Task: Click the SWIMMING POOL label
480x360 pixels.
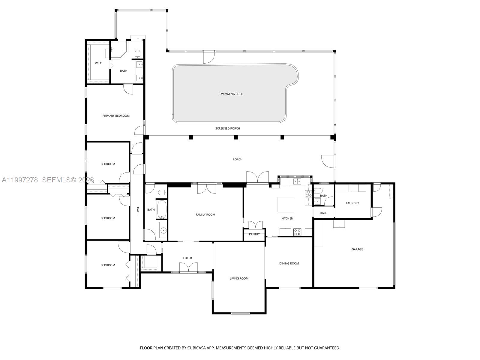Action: (x=231, y=94)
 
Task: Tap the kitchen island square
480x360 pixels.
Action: (x=286, y=205)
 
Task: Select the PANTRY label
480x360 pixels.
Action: (x=254, y=234)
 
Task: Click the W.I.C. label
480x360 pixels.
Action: (x=99, y=63)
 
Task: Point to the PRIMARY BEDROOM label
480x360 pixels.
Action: (x=116, y=116)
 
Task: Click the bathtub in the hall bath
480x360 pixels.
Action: (x=161, y=209)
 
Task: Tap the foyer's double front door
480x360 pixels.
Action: (x=188, y=267)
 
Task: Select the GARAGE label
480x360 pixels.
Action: (x=357, y=249)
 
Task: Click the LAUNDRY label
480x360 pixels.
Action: (x=352, y=203)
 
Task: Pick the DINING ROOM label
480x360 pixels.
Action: (x=289, y=263)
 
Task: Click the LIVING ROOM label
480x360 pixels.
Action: (x=239, y=278)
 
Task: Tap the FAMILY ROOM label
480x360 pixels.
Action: (x=205, y=214)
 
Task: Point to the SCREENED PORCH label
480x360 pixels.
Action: (x=227, y=128)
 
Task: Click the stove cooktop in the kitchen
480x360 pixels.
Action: (x=297, y=232)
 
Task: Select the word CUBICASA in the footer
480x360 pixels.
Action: (x=196, y=348)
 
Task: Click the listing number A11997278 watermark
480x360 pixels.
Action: (x=20, y=180)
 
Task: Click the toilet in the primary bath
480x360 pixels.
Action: (x=137, y=54)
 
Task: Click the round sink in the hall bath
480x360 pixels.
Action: (x=163, y=230)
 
